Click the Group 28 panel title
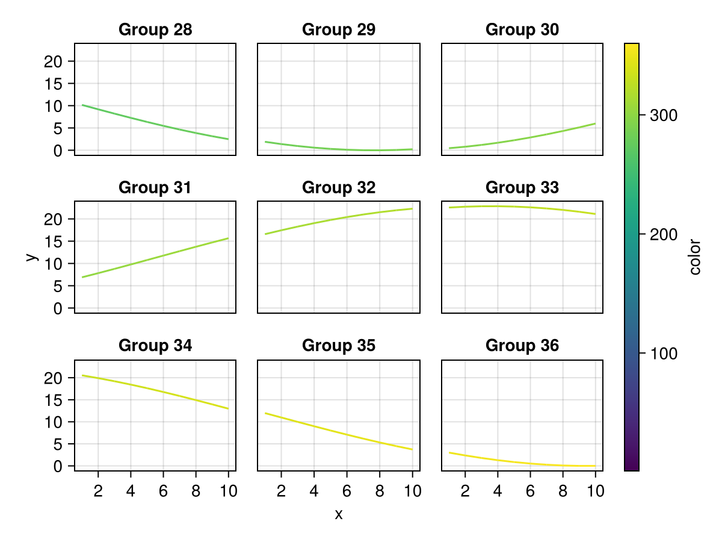pyautogui.click(x=155, y=30)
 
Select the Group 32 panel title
pyautogui.click(x=339, y=187)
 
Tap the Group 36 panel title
pyautogui.click(x=522, y=346)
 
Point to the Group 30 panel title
pyautogui.click(x=522, y=30)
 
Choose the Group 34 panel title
pyautogui.click(x=155, y=346)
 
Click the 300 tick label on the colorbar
pyautogui.click(x=664, y=116)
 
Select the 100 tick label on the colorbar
pyautogui.click(x=664, y=354)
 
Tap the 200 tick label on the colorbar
pyautogui.click(x=664, y=235)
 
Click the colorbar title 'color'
pyautogui.click(x=695, y=257)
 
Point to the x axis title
pyautogui.click(x=339, y=514)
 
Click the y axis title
pyautogui.click(x=31, y=257)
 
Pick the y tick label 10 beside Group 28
pyautogui.click(x=53, y=107)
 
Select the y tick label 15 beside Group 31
pyautogui.click(x=53, y=242)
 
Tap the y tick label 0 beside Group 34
pyautogui.click(x=58, y=467)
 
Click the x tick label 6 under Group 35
pyautogui.click(x=347, y=491)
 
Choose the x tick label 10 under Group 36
pyautogui.click(x=596, y=491)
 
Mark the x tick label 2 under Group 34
pyautogui.click(x=98, y=491)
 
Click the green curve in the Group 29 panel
pyautogui.click(x=339, y=149)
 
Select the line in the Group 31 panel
pyautogui.click(x=155, y=258)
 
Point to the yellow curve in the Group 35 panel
pyautogui.click(x=339, y=431)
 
